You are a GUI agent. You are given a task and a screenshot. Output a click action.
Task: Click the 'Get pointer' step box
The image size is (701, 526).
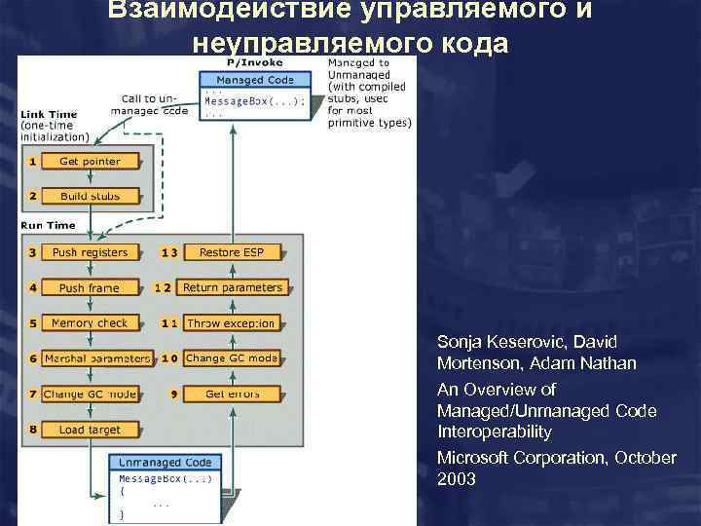click(x=90, y=162)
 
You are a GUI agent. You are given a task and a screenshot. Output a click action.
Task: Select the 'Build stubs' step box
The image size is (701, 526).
click(x=90, y=197)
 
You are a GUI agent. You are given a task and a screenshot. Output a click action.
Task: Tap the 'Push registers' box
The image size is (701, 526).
click(x=90, y=252)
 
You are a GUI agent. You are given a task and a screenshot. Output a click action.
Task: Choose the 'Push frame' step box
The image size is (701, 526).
click(x=90, y=288)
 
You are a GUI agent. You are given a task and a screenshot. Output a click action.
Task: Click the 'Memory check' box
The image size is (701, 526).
click(x=90, y=323)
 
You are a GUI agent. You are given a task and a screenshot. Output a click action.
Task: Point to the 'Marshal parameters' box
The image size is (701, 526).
click(x=97, y=358)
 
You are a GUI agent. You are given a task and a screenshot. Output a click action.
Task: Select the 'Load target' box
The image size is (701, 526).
click(x=90, y=430)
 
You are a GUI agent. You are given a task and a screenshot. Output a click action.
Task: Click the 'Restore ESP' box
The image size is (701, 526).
click(x=232, y=252)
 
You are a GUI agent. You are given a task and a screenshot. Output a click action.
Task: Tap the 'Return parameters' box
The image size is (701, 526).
click(x=233, y=287)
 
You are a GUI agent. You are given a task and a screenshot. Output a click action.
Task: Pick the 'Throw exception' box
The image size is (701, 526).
click(x=232, y=323)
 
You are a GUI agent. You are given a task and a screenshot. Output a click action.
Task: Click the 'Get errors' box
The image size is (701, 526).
click(x=232, y=394)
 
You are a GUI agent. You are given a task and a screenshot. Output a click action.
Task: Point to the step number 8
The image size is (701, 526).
click(x=32, y=430)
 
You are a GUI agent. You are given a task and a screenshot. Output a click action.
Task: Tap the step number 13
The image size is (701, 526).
click(x=169, y=252)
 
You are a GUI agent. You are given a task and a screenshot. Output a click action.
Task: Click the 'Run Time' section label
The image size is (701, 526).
click(x=48, y=226)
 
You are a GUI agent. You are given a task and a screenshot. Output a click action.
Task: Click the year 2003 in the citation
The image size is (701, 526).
click(x=457, y=478)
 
